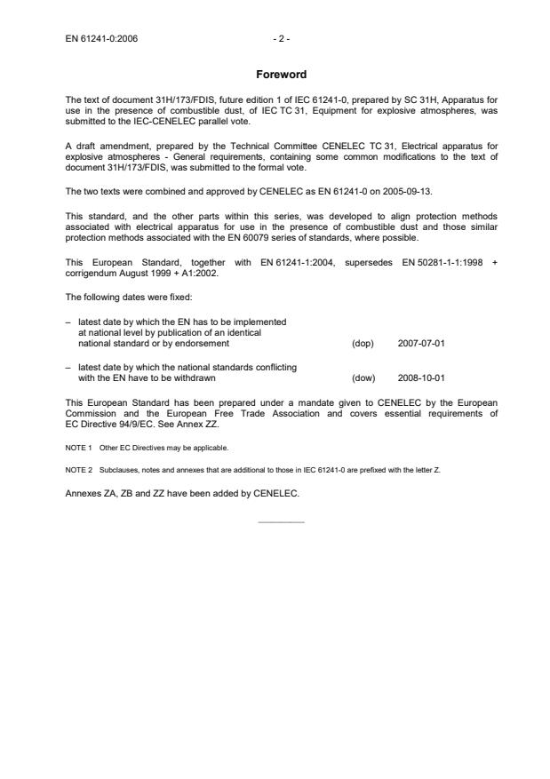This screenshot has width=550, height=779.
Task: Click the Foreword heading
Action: (281, 75)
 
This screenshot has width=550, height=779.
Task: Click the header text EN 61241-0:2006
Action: (102, 39)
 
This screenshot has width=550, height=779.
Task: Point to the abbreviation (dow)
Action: (363, 378)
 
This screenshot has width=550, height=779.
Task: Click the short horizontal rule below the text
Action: (281, 521)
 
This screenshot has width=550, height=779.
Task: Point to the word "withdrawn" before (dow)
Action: (192, 378)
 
